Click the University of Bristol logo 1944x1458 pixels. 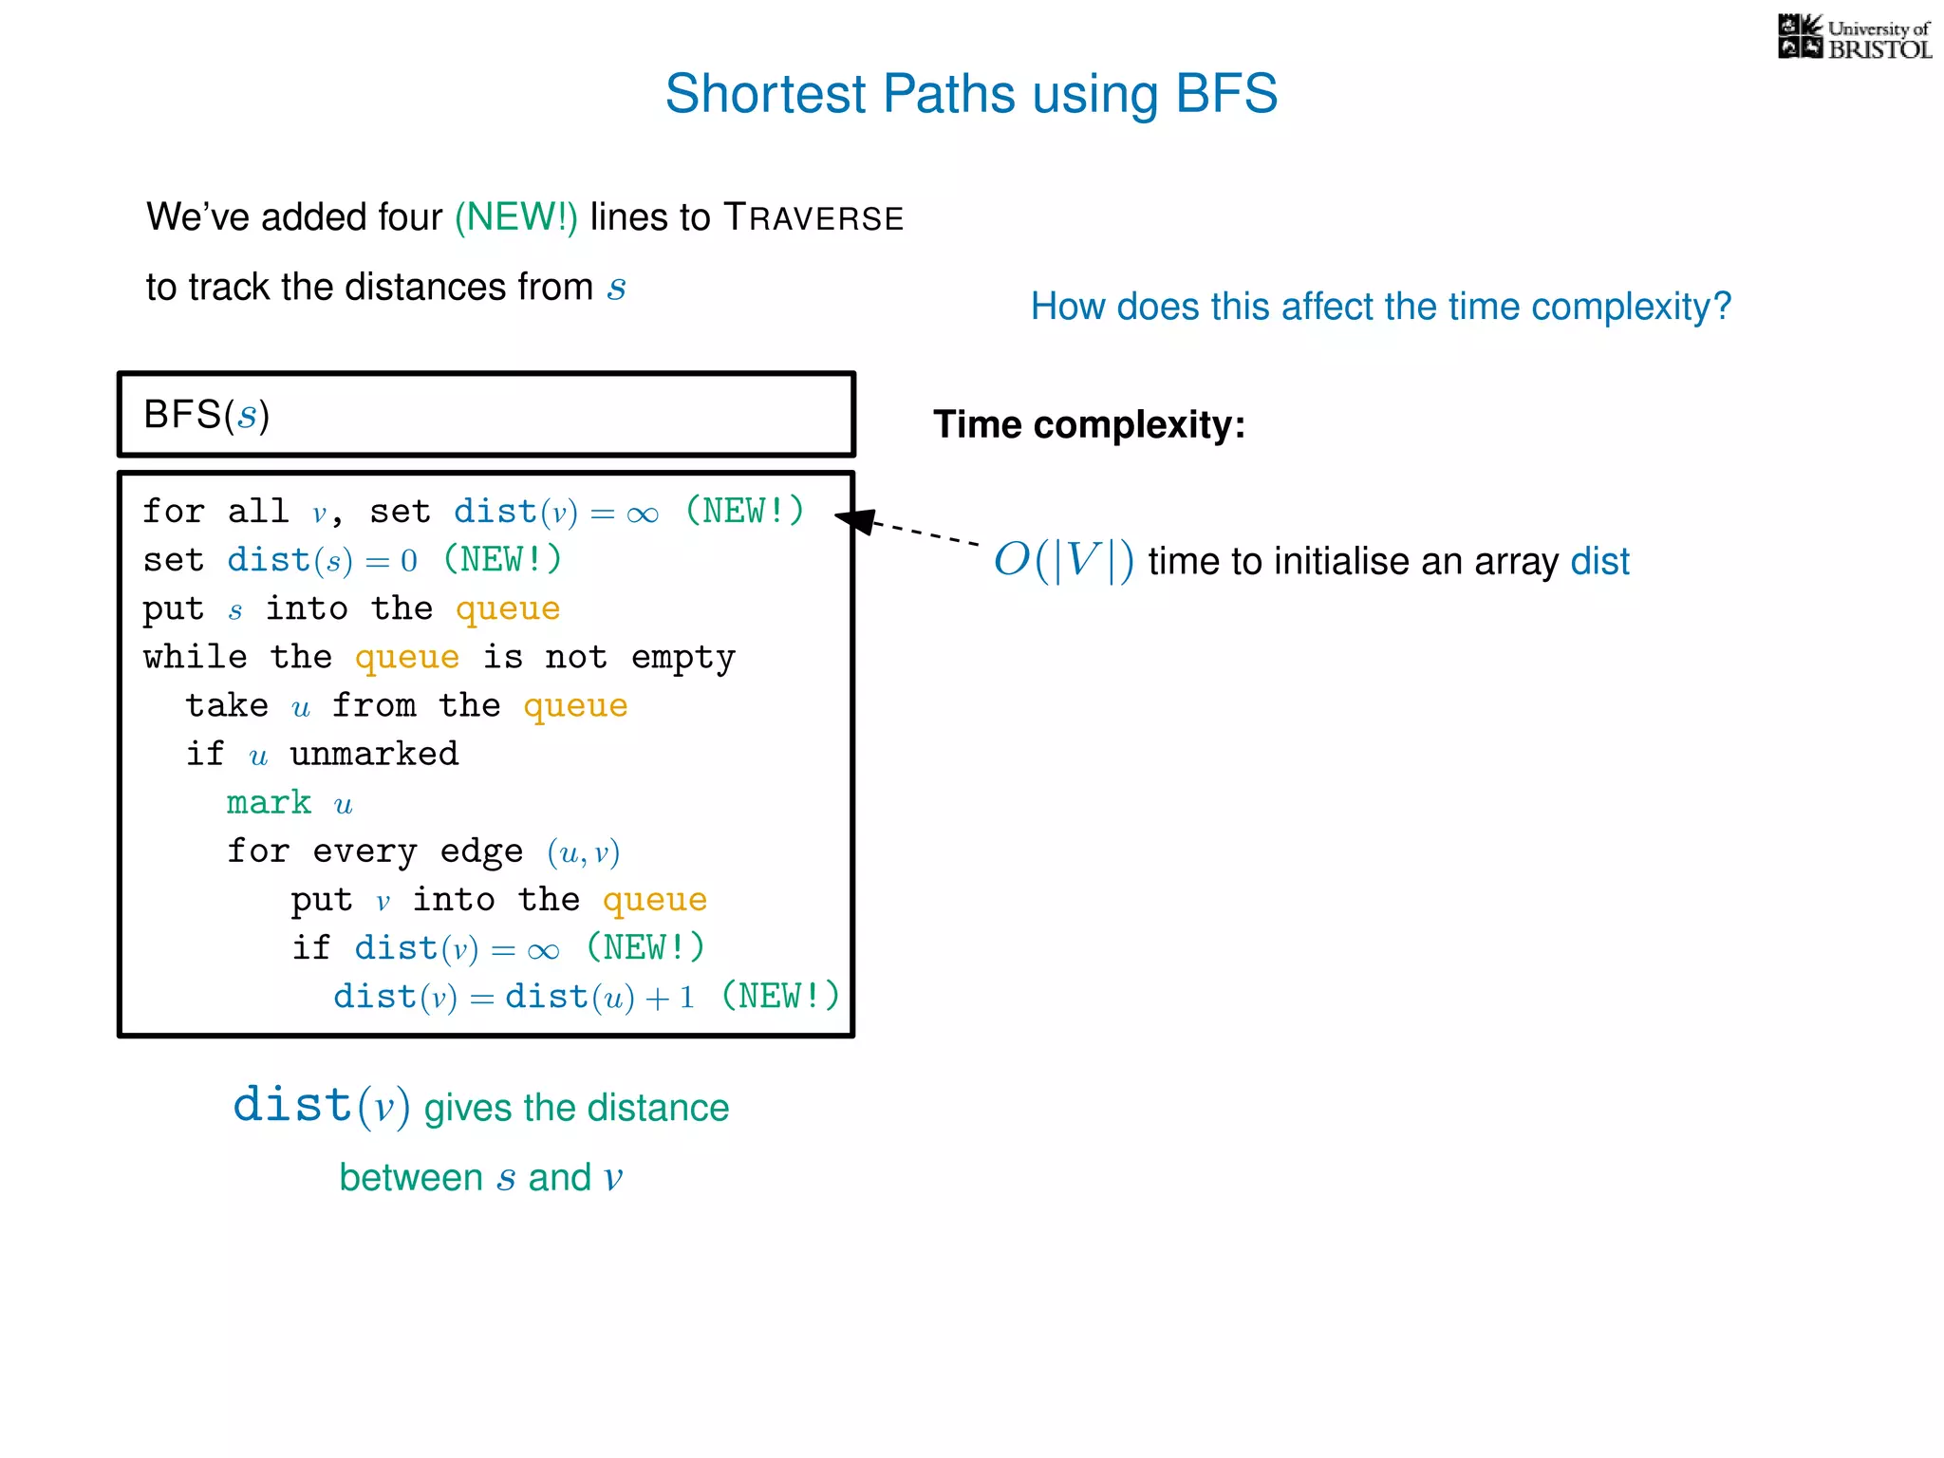1854,38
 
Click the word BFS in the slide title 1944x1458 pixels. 1226,94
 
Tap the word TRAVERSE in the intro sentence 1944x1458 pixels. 813,218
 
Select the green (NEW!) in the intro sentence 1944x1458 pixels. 515,217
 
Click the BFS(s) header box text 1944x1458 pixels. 207,415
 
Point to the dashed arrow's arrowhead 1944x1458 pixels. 853,519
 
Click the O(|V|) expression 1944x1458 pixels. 1063,560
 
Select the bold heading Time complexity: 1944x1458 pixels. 1089,424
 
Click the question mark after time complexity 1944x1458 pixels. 1722,307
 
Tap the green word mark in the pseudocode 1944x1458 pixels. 269,803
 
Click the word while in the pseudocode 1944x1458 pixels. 196,657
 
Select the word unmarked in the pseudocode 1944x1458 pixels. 374,755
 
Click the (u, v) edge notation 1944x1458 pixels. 583,852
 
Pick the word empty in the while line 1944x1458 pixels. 682,657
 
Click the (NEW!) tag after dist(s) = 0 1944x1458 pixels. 502,560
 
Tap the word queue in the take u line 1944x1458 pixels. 575,706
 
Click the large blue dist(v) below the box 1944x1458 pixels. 321,1106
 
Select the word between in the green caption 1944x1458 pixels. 411,1178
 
